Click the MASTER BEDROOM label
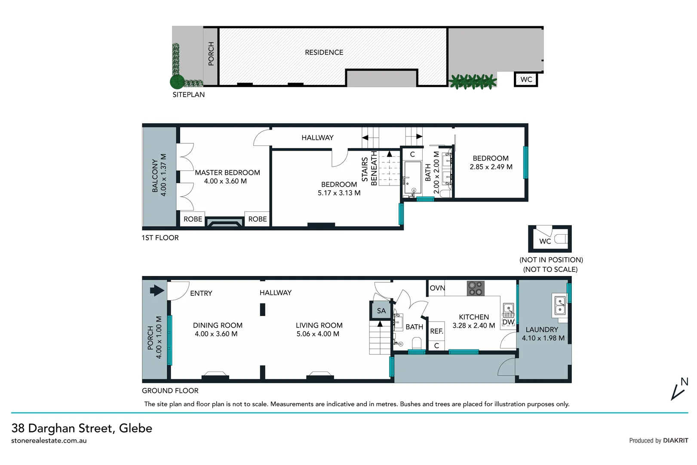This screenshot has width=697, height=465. [x=227, y=173]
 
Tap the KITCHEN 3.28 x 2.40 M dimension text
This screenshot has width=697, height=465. [x=473, y=325]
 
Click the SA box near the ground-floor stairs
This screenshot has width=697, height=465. [x=381, y=310]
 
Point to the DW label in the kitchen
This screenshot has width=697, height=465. [x=508, y=322]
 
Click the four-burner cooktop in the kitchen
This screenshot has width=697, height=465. [x=476, y=288]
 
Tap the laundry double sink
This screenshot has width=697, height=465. [x=560, y=305]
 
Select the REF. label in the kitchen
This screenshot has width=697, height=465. [x=436, y=331]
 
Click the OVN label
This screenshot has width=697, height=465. [x=437, y=288]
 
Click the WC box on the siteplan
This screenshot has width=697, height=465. [x=526, y=79]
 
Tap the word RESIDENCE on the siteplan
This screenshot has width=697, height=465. [x=324, y=53]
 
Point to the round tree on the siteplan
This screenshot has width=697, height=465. [x=177, y=81]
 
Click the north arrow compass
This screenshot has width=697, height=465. [x=679, y=389]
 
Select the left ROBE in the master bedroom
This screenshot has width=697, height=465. [x=193, y=219]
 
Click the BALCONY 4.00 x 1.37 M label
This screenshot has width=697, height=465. [x=159, y=175]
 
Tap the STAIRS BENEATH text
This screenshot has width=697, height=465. [x=369, y=168]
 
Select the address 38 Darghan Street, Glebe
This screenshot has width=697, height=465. [x=82, y=428]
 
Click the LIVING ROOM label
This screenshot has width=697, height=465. [x=319, y=325]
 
